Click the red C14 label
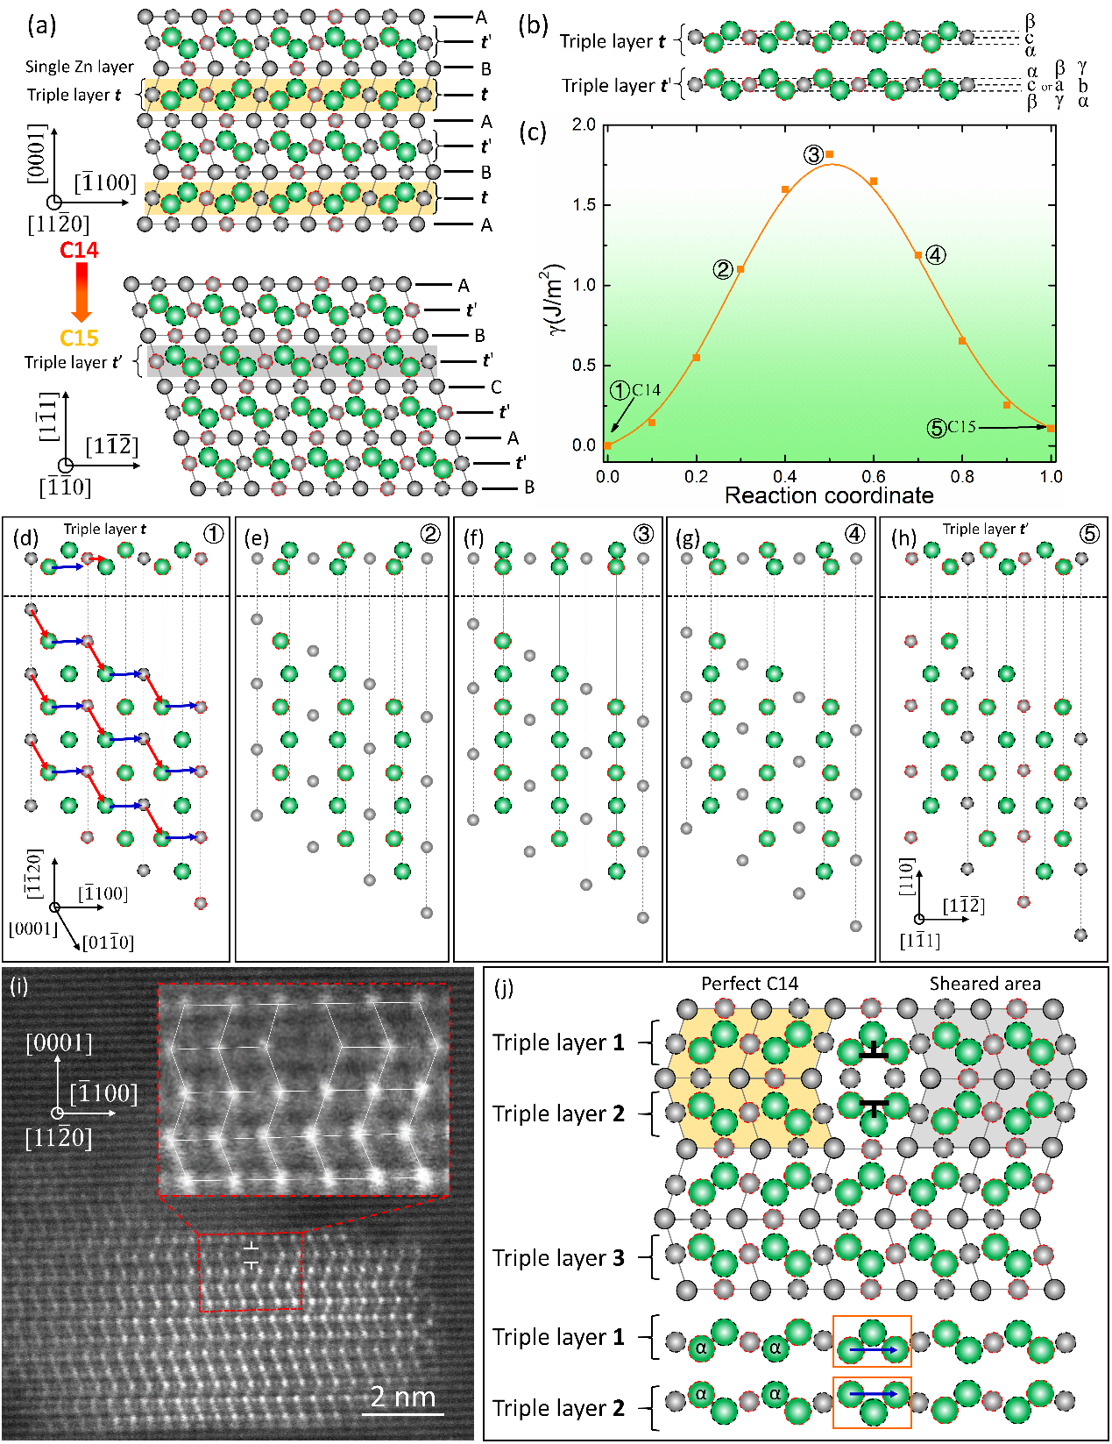(79, 250)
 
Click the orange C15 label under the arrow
(79, 338)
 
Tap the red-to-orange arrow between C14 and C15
(81, 293)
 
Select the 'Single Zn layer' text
(80, 67)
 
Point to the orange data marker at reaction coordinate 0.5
(829, 154)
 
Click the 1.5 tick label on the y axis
(584, 205)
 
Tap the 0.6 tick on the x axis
(874, 476)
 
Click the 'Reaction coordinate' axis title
(829, 496)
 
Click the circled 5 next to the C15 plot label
(937, 428)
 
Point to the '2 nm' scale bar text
(403, 1396)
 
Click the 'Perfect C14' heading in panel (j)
(749, 983)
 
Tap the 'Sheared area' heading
(985, 983)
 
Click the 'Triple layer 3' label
(558, 1258)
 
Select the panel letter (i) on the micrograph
(18, 985)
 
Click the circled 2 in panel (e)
(429, 534)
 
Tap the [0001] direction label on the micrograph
(59, 1043)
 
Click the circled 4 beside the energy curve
(936, 255)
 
